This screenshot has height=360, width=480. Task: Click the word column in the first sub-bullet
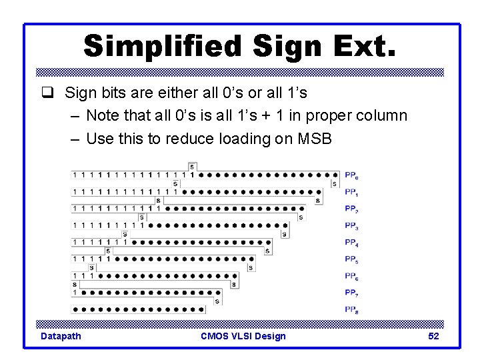point(379,115)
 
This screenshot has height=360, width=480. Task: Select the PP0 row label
point(351,175)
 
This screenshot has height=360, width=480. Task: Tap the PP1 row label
point(351,192)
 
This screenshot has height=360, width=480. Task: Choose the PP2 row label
point(351,209)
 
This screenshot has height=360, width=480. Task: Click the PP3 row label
point(351,225)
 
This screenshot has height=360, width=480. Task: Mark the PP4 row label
point(351,242)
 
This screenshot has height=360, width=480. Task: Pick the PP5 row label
point(351,259)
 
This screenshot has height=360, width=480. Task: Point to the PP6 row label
point(351,275)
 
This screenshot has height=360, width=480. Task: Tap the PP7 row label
point(351,292)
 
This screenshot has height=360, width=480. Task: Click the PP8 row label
point(351,309)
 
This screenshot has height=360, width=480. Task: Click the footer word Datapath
point(61,336)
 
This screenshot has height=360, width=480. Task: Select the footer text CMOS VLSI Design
point(243,336)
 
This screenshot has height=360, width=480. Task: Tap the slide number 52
point(433,336)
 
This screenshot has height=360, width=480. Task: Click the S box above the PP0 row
point(192,166)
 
